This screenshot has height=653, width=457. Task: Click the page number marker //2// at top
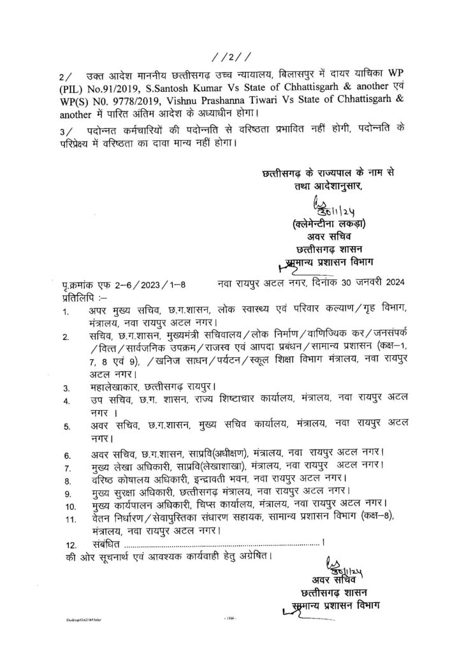[228, 55]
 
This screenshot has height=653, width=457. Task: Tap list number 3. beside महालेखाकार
[66, 387]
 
